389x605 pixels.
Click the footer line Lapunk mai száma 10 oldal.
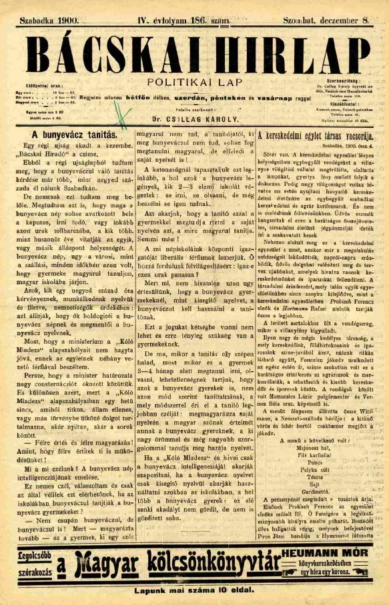click(x=194, y=592)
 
